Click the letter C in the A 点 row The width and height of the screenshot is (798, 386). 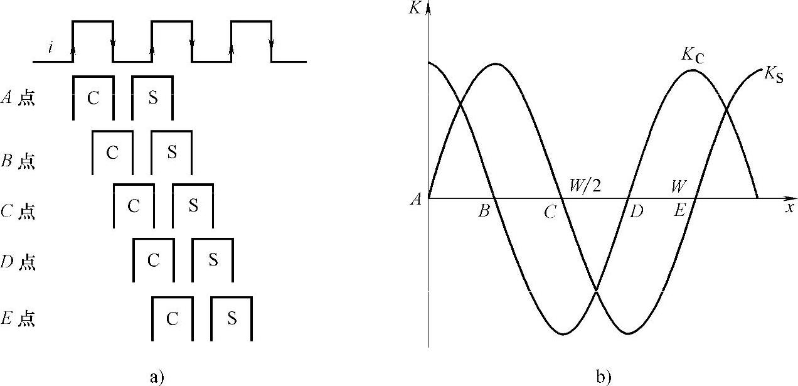(x=93, y=99)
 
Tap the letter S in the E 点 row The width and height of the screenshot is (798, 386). (x=231, y=318)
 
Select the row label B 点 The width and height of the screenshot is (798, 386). (x=18, y=161)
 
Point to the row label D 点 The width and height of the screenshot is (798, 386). (x=18, y=262)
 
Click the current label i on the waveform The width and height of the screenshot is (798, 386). (x=51, y=48)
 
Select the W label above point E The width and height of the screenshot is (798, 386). (x=678, y=186)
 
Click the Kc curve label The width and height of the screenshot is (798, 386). (x=693, y=55)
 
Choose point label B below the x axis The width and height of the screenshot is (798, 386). (x=483, y=212)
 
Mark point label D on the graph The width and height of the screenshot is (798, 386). (x=637, y=212)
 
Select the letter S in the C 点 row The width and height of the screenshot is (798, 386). (x=193, y=205)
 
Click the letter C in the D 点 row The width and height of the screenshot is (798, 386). (x=153, y=260)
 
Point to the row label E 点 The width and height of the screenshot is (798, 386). (x=18, y=319)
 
